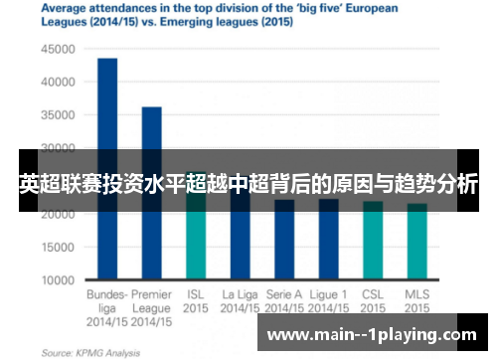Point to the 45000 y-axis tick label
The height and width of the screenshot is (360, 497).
58,48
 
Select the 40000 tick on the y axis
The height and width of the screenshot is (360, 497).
58,82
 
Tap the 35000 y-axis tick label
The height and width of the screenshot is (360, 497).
58,114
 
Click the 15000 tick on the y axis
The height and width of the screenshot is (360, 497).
58,248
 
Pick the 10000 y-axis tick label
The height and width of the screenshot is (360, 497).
58,280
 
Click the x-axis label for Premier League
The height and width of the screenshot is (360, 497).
151,307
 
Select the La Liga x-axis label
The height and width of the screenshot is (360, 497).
240,301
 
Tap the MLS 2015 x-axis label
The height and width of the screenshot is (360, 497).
417,301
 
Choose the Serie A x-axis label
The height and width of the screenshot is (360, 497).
283,301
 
